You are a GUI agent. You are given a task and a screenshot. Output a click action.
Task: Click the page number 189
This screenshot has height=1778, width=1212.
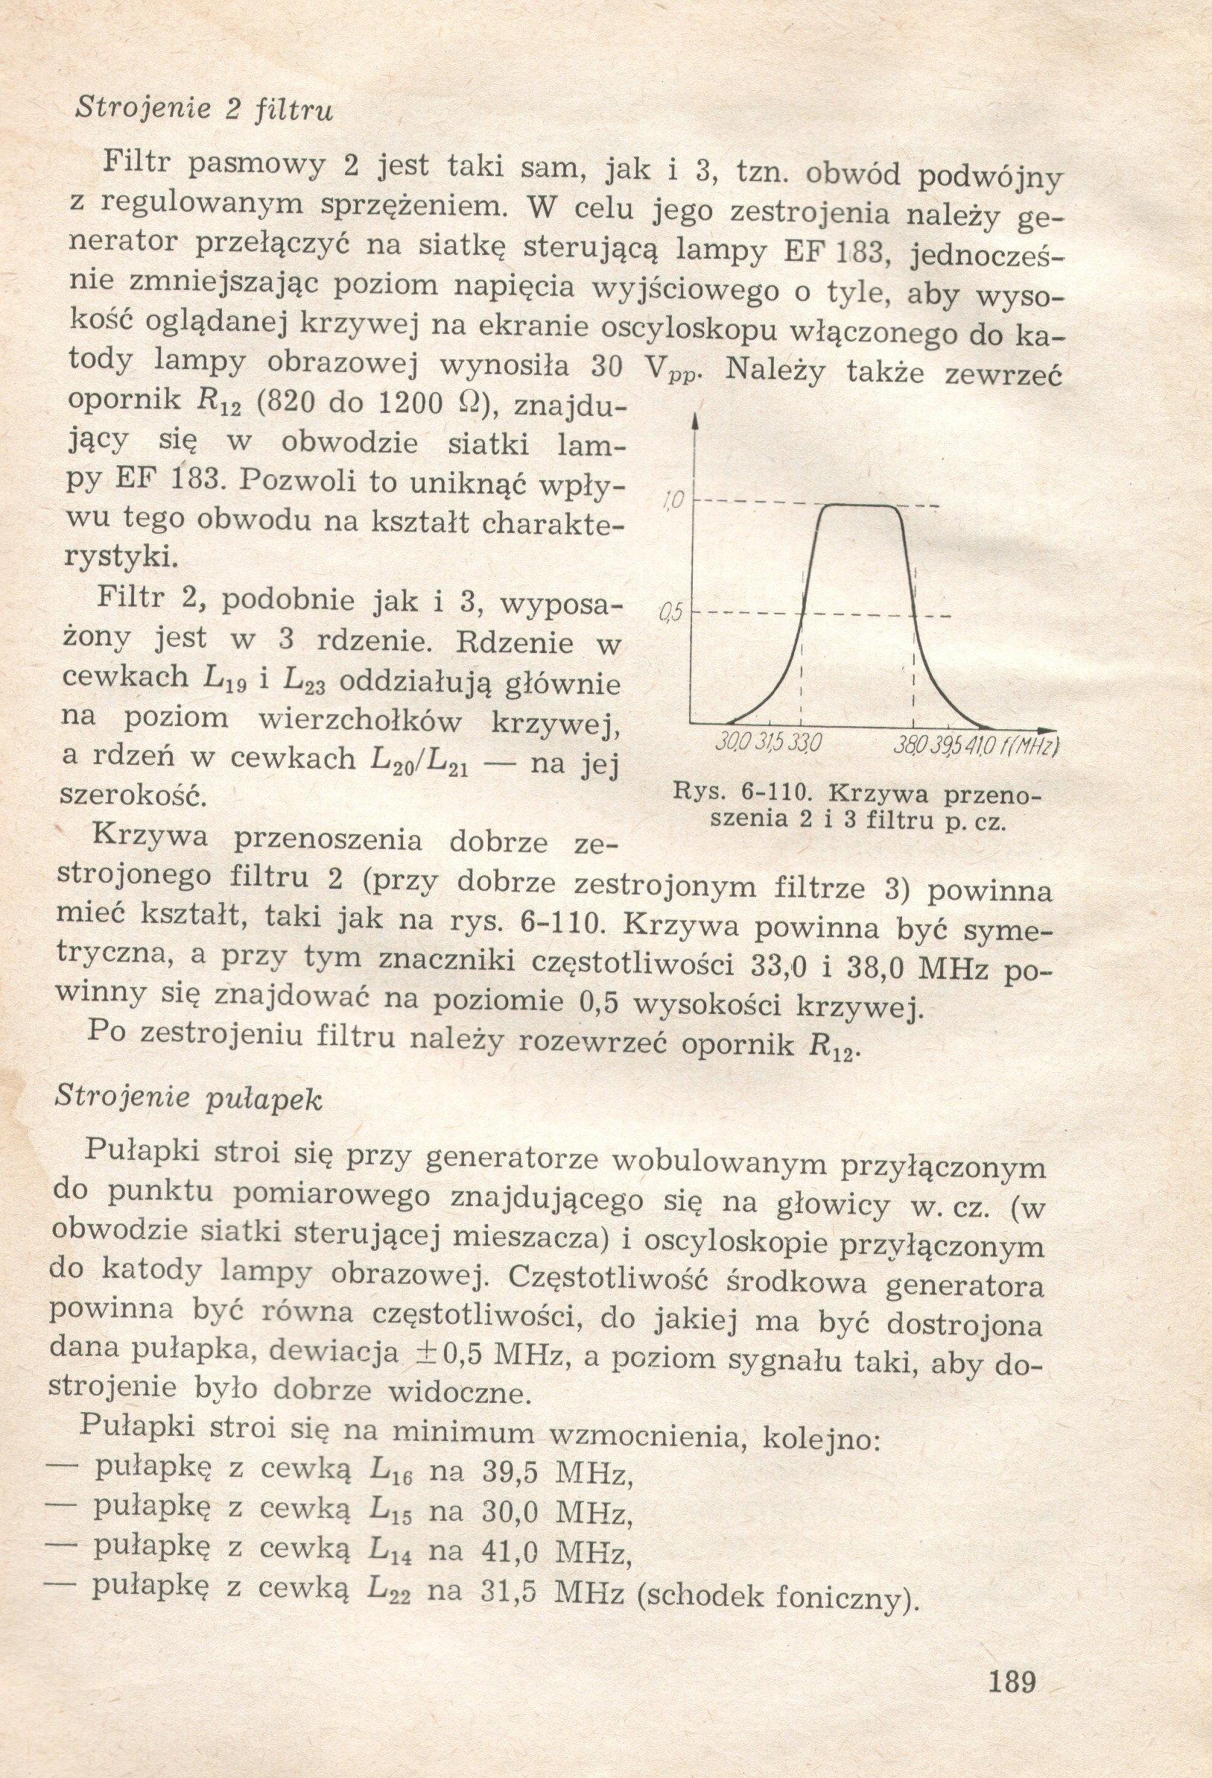(x=1012, y=1683)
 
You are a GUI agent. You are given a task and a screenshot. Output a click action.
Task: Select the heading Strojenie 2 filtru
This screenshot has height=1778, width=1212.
(x=204, y=109)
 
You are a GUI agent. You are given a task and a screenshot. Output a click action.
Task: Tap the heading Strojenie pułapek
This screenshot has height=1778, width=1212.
(x=189, y=1098)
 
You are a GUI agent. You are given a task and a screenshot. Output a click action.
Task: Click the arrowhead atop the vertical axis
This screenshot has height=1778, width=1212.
(x=694, y=421)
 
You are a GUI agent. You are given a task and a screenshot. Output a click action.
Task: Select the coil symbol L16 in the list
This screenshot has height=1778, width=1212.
(x=391, y=1469)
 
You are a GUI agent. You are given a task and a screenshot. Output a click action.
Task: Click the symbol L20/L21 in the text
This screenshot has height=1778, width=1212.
(x=418, y=759)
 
